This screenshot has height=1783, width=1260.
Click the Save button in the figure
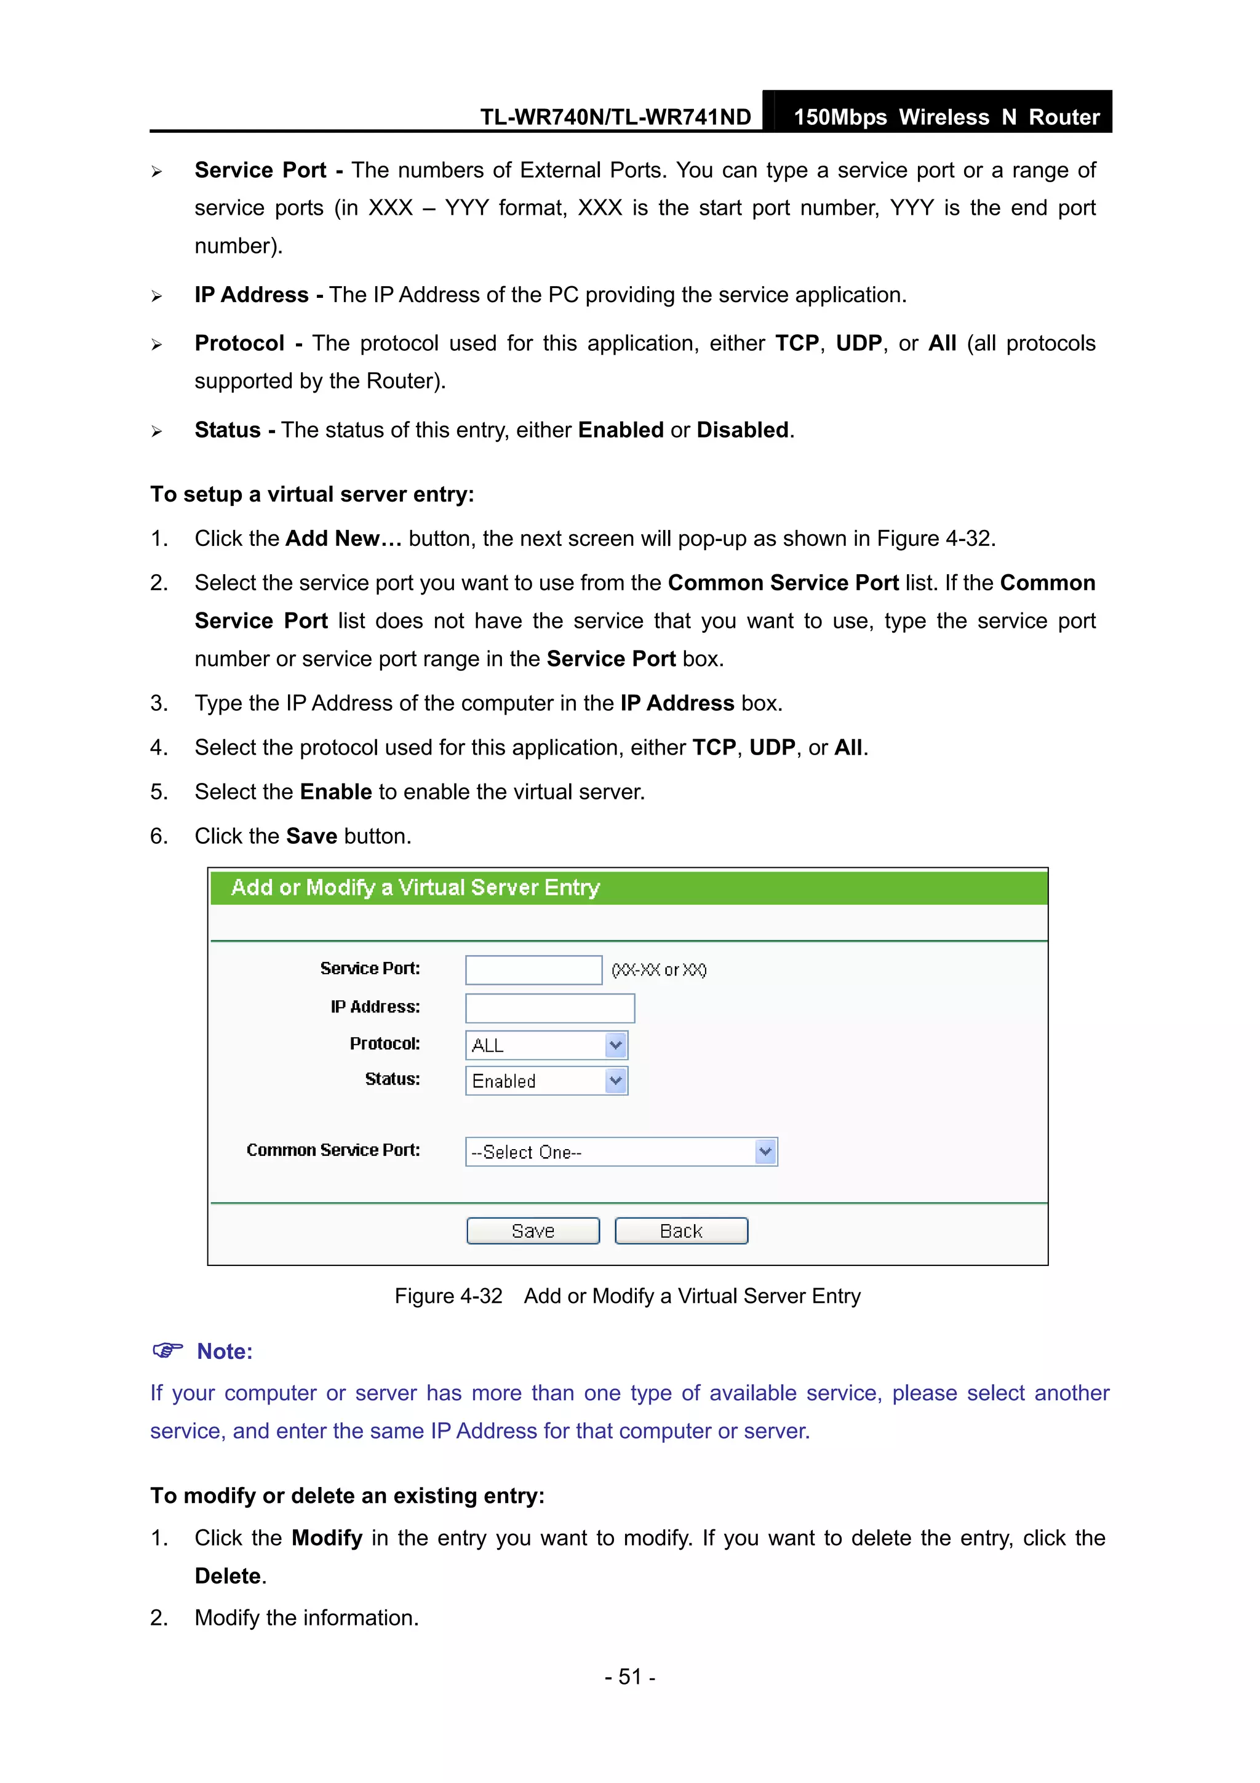click(x=533, y=1231)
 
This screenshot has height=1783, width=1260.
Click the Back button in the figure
click(x=681, y=1231)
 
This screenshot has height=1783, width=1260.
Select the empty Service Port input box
click(x=533, y=970)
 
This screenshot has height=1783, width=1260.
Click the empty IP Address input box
click(x=549, y=1008)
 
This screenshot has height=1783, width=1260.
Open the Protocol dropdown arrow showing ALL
click(x=616, y=1045)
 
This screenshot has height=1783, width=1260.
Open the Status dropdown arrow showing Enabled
click(x=616, y=1080)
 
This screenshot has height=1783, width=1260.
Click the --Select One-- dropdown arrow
click(x=765, y=1152)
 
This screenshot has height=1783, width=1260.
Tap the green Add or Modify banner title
click(x=415, y=887)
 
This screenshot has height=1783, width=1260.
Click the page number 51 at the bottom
click(x=629, y=1677)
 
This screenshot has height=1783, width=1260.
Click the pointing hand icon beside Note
click(x=168, y=1350)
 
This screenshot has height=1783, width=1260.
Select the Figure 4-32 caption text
click(x=628, y=1296)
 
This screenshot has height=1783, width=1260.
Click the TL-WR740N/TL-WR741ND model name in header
click(x=615, y=118)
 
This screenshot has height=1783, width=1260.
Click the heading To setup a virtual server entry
click(x=312, y=495)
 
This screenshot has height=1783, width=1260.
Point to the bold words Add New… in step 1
click(x=343, y=539)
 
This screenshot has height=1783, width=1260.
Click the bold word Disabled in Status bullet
click(x=742, y=430)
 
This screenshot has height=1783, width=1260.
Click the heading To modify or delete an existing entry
click(x=347, y=1496)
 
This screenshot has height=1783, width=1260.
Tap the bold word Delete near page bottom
click(x=228, y=1576)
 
